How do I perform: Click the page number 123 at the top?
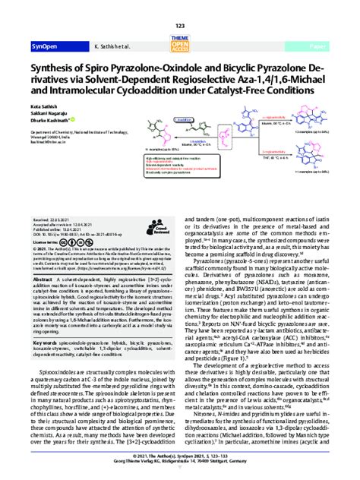coord(180,6)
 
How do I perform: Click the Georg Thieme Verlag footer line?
coord(180,472)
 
